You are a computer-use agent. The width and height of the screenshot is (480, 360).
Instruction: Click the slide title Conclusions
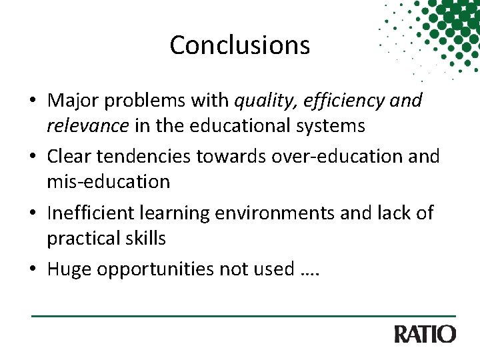click(x=240, y=45)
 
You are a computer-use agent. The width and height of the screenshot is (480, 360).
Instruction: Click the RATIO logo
click(x=425, y=334)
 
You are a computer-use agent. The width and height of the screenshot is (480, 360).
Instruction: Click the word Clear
click(x=69, y=157)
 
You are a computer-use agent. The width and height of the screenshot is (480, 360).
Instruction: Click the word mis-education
click(x=109, y=181)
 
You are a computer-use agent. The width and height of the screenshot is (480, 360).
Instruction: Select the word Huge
click(x=69, y=269)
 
